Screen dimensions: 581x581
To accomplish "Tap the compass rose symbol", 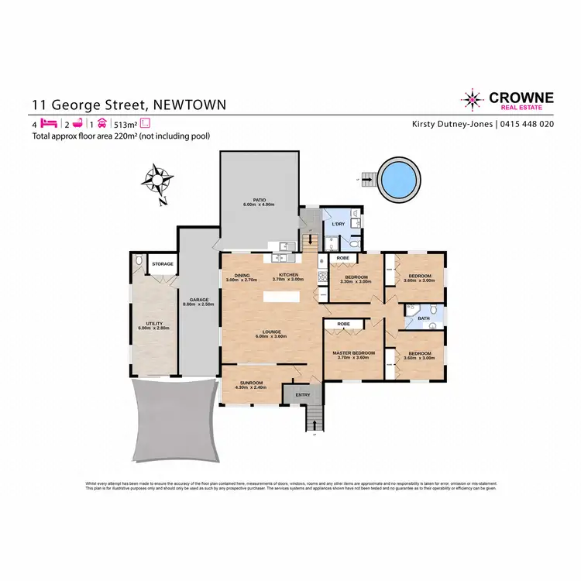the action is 157,180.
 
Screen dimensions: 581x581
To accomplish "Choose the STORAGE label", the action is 163,264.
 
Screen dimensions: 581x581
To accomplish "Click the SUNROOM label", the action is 252,383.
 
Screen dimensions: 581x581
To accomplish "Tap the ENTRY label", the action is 302,395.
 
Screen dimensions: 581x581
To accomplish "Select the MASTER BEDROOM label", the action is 353,353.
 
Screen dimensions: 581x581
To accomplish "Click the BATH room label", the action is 424,318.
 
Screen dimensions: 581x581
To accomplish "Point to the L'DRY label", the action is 338,223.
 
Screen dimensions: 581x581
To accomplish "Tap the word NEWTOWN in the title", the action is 191,105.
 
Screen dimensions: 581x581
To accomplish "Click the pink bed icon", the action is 49,123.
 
